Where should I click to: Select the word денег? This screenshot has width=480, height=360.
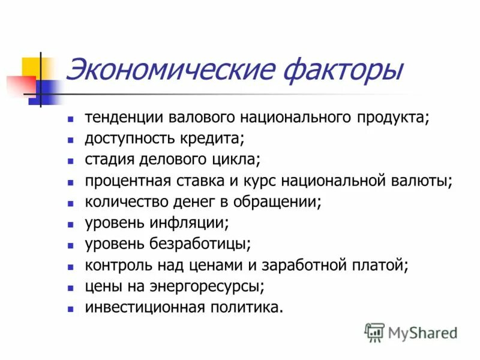point(202,202)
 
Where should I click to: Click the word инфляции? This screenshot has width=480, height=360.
point(194,223)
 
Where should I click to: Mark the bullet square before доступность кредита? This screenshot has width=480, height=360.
point(71,140)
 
